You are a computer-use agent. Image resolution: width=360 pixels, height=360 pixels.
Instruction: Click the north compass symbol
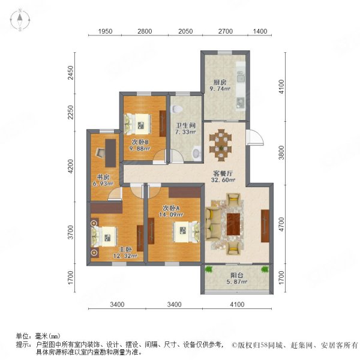tap(20, 20)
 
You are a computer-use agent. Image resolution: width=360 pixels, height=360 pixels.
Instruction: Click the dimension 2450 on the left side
tap(70, 73)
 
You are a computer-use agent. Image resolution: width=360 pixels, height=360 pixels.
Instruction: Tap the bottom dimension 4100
tap(236, 305)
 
